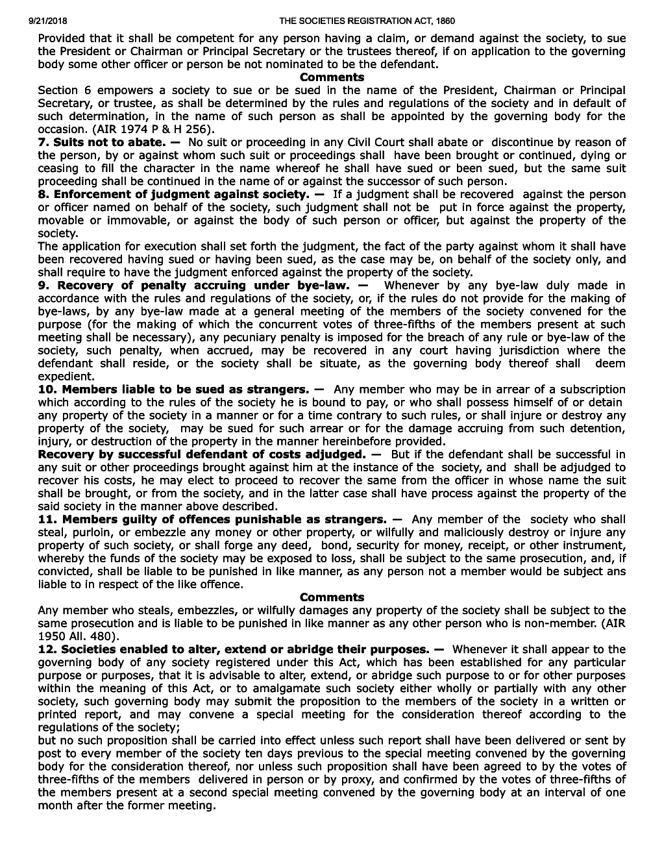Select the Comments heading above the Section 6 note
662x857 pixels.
coord(332,77)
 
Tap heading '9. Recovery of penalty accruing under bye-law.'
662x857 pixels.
coord(194,285)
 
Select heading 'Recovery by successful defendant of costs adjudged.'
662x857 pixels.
coord(202,454)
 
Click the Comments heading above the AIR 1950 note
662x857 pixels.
coord(332,597)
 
